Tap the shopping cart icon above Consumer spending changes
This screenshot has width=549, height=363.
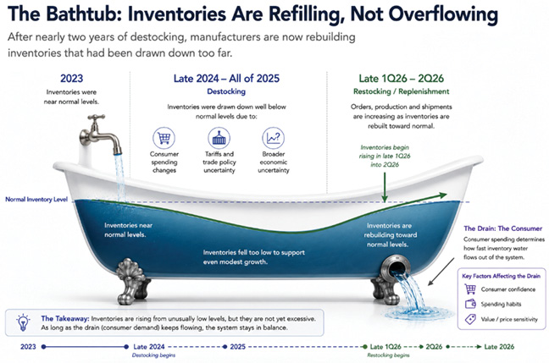click(x=164, y=138)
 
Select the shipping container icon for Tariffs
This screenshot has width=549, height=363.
click(x=219, y=138)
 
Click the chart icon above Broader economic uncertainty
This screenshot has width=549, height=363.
click(x=273, y=138)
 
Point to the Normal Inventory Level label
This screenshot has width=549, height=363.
click(x=36, y=200)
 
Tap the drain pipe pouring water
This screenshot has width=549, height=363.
click(x=395, y=267)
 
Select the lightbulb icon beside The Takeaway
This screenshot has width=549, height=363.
click(x=23, y=322)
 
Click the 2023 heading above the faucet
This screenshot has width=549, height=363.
click(x=71, y=79)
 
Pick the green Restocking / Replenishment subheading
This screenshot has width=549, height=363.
click(x=402, y=91)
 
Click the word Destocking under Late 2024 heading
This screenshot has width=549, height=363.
click(x=226, y=91)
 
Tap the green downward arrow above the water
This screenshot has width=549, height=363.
click(x=385, y=188)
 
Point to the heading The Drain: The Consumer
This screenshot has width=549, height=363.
click(x=503, y=228)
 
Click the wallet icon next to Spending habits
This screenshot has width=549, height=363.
click(x=470, y=304)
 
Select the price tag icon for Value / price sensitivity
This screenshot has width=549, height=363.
click(x=470, y=319)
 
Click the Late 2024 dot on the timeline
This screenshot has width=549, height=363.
click(x=126, y=347)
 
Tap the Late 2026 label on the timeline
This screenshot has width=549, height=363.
click(x=499, y=347)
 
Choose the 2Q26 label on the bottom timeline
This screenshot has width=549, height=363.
click(x=434, y=347)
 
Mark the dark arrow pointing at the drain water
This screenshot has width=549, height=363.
click(x=441, y=272)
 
